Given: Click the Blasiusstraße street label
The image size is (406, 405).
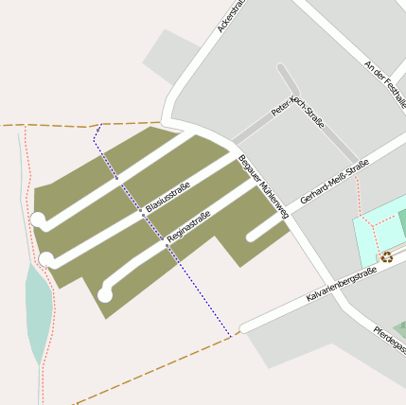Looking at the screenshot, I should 168,196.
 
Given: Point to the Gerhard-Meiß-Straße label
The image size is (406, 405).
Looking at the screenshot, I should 333,183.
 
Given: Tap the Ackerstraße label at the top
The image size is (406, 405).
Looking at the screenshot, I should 232,15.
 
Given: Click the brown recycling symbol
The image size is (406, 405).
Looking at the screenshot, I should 387,255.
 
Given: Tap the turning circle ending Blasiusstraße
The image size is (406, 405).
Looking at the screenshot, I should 45,258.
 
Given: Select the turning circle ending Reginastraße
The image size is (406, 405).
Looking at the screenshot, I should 104,294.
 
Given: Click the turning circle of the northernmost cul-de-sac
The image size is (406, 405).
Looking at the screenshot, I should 39,220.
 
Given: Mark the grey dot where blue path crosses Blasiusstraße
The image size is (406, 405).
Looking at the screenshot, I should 143,215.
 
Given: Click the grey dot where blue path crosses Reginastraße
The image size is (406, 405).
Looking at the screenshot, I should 167,245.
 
